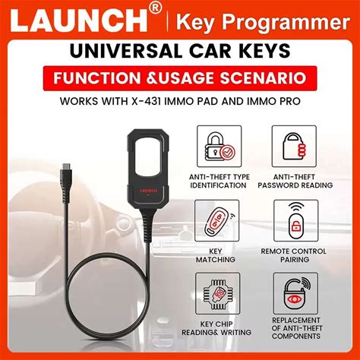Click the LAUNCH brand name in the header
(79, 21)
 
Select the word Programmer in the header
(286, 23)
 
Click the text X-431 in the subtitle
(147, 101)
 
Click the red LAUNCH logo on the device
(149, 191)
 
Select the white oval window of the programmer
(148, 158)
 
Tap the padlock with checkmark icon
(219, 147)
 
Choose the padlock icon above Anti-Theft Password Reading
(294, 147)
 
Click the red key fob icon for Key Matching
(217, 221)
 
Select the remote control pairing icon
(296, 221)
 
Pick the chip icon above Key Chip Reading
(218, 294)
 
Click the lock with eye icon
(295, 294)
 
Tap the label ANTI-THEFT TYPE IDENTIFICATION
(219, 181)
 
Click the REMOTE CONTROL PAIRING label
(294, 255)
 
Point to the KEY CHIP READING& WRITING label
(216, 328)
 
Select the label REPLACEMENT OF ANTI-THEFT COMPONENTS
(296, 328)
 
